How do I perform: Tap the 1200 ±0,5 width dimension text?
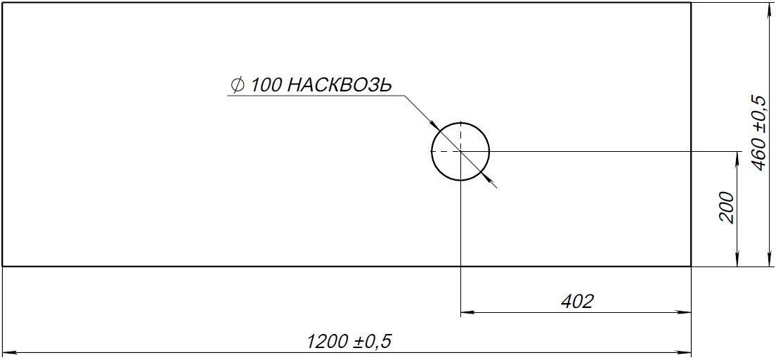[349, 341]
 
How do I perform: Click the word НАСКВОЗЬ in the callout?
[339, 85]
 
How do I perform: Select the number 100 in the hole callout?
[267, 85]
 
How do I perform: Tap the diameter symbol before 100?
[237, 85]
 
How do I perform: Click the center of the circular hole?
[460, 151]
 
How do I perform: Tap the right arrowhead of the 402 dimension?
[684, 312]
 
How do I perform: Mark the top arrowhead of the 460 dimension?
[770, 9]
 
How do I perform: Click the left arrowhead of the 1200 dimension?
[9, 354]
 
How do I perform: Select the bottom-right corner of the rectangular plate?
[691, 266]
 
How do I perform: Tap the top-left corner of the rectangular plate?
[3, 3]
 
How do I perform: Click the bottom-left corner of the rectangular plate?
[3, 266]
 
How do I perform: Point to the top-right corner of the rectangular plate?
[691, 3]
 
